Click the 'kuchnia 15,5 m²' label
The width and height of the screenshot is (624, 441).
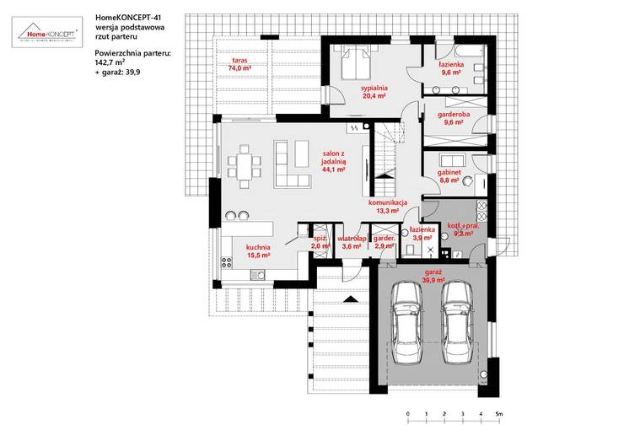point(257,250)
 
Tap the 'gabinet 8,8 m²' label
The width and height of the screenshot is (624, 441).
point(447,175)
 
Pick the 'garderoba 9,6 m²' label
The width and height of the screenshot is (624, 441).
point(454,118)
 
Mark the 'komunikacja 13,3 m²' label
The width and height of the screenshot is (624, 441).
point(388,206)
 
